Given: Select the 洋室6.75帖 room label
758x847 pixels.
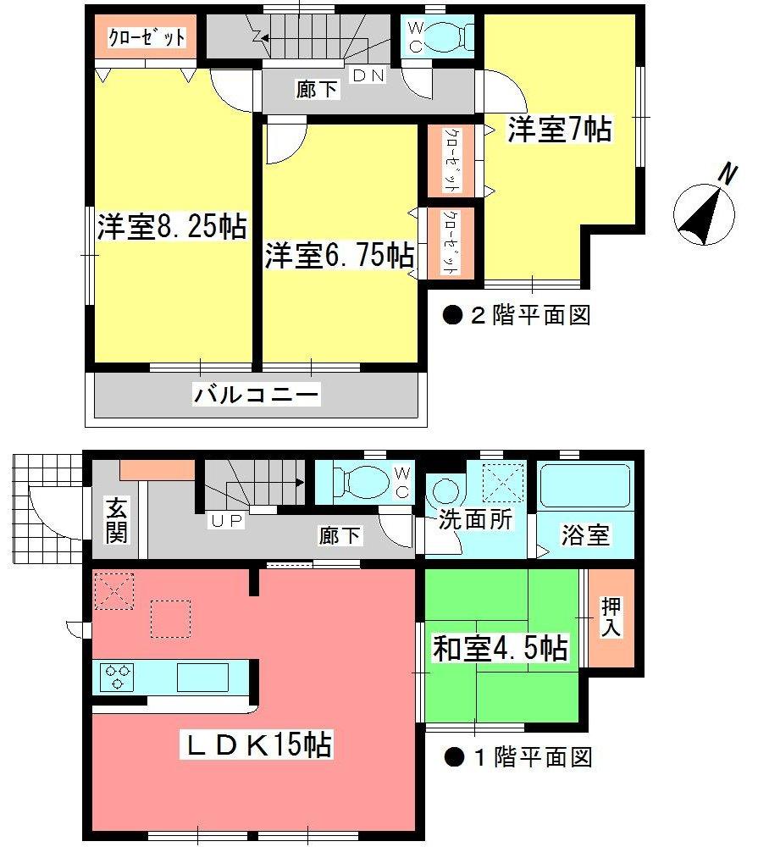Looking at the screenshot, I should tap(339, 255).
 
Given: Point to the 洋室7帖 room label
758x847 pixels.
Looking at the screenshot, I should tap(560, 130).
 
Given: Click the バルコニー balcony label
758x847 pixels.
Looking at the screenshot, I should tap(257, 395).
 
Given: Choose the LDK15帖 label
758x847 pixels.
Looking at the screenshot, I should tap(257, 745).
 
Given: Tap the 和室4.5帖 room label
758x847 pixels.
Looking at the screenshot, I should tap(500, 650).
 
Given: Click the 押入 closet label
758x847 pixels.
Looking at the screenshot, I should tap(611, 617).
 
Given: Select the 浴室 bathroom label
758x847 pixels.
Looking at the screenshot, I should tap(585, 535).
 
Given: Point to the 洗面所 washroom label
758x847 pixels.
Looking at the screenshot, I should tap(475, 520).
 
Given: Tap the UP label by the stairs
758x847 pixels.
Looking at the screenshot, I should tap(227, 521).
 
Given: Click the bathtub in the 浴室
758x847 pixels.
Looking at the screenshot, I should tap(585, 486).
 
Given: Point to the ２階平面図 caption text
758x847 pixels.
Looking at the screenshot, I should tap(517, 317).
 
